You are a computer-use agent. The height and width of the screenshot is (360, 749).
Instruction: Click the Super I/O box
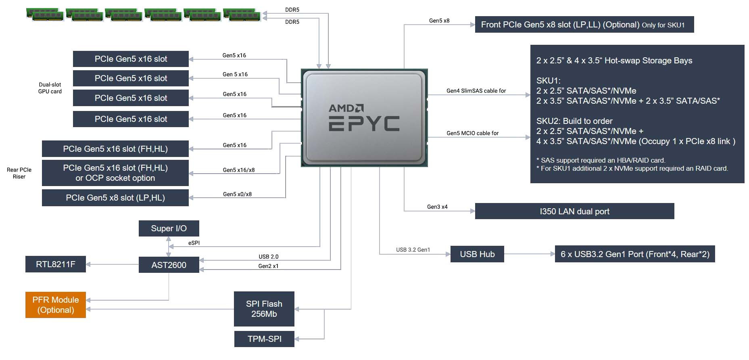click(x=169, y=228)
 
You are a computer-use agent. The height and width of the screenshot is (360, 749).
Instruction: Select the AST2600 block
click(x=169, y=265)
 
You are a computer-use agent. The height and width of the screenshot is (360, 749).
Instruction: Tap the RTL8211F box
click(x=55, y=264)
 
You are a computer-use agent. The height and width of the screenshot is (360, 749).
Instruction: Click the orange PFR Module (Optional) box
click(x=55, y=305)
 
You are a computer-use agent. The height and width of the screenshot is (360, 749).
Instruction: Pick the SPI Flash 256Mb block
click(x=264, y=309)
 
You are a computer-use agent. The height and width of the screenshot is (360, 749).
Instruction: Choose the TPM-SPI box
click(x=264, y=339)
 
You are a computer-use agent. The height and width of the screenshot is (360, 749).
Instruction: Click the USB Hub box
click(x=477, y=254)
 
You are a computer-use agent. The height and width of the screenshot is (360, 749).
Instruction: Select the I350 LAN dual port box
click(x=574, y=211)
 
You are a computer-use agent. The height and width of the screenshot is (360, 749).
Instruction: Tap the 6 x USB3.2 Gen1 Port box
click(x=634, y=254)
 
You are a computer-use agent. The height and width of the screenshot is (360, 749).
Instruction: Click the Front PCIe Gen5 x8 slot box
click(x=584, y=25)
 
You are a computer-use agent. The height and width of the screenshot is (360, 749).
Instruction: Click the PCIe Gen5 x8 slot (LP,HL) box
click(x=115, y=198)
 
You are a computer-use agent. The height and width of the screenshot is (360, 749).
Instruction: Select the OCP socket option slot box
click(x=115, y=173)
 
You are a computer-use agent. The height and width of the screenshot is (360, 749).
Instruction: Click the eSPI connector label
click(x=194, y=243)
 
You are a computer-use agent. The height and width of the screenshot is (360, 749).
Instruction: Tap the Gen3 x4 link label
click(x=437, y=207)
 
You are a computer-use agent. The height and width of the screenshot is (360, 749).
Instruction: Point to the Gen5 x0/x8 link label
click(x=237, y=194)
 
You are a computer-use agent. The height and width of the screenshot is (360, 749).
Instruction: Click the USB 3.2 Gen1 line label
click(x=413, y=250)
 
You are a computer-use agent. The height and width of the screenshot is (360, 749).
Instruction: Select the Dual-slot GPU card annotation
click(x=50, y=88)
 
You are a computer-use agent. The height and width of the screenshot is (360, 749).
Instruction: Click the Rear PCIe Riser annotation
click(x=19, y=173)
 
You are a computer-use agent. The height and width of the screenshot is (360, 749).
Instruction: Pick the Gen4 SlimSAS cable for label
click(x=476, y=91)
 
